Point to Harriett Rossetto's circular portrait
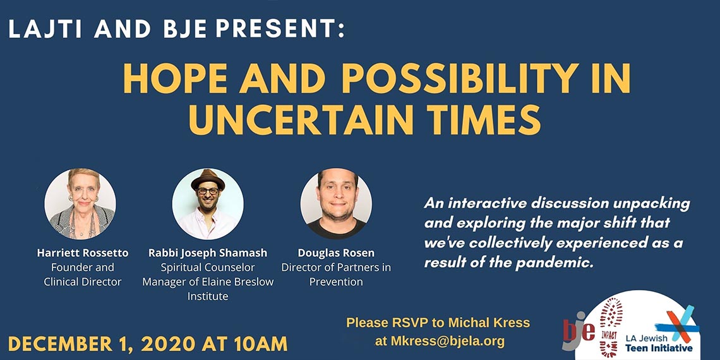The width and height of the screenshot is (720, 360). pos(80,204)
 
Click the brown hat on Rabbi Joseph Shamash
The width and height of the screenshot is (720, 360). pos(208,179)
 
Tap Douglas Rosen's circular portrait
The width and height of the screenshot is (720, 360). pos(336,204)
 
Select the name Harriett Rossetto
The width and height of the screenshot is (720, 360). pos(83,253)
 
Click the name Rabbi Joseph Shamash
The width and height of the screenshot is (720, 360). pos(208,253)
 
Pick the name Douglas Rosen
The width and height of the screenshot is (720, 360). pos(336,253)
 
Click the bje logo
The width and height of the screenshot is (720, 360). pos(578,330)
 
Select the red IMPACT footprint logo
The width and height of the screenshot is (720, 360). pos(611,327)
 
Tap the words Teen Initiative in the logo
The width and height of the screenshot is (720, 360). pos(659,347)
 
